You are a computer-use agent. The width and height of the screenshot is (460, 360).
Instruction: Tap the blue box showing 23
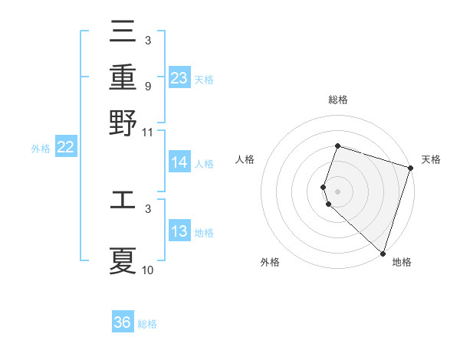179,78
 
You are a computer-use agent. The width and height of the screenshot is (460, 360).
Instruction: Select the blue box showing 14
179,162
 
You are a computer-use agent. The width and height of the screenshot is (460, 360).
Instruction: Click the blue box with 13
179,232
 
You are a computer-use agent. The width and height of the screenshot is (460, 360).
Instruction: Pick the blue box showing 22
65,148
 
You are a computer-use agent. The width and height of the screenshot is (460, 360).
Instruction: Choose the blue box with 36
123,322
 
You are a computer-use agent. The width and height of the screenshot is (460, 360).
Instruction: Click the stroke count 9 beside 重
147,86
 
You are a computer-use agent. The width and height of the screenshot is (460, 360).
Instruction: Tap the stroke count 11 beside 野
148,132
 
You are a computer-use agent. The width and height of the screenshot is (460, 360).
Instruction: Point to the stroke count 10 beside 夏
148,270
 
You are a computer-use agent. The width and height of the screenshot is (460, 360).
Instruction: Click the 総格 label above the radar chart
337,100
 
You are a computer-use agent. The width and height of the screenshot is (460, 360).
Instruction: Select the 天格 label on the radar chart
431,160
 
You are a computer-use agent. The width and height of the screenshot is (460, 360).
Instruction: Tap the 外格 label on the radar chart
270,263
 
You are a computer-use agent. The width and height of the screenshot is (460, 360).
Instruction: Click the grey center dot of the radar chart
337,191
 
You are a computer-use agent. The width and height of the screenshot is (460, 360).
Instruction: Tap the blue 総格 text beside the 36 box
147,324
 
